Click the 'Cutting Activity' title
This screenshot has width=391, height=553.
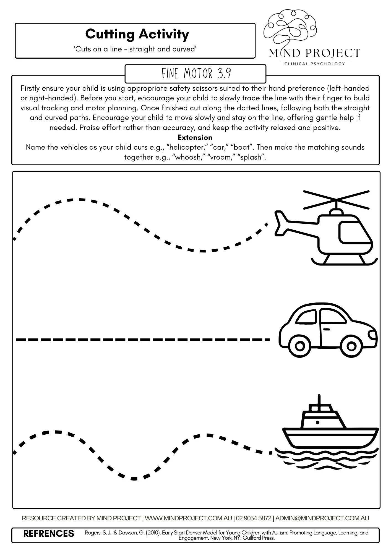(137, 34)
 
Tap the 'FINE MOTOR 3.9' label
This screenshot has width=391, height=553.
(196, 74)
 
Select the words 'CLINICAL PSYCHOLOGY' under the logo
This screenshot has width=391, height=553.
(315, 64)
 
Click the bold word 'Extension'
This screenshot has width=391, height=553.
(195, 137)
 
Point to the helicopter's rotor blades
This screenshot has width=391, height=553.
(336, 199)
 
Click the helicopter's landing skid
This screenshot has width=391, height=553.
(344, 263)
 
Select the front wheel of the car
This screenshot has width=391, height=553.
(351, 346)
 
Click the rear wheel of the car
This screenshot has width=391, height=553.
(300, 346)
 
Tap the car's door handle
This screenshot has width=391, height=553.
(327, 329)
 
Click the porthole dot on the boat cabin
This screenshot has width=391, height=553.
(317, 422)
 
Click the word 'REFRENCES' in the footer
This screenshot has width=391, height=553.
(49, 533)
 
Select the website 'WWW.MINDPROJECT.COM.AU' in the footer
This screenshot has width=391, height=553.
(188, 518)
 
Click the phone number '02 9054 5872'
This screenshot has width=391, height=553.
(254, 518)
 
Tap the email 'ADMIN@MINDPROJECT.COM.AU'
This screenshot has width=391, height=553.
(322, 518)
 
